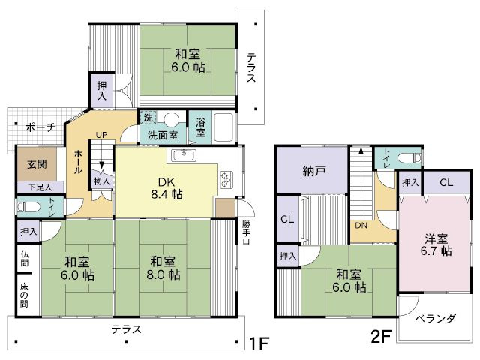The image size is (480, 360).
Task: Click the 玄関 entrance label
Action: (x=37, y=164)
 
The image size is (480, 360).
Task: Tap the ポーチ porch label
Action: (x=40, y=127)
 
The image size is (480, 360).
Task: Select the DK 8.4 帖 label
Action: (x=166, y=188)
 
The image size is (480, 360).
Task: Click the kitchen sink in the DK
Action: (x=184, y=155)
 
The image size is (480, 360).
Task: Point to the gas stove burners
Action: (x=226, y=180)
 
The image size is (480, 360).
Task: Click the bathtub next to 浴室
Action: (x=223, y=127)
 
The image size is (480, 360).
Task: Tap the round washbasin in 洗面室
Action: (x=171, y=119)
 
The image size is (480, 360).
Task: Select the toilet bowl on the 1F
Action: (x=29, y=207)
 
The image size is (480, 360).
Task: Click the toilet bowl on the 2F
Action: (x=409, y=158)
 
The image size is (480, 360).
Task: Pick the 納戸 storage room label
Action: (x=314, y=171)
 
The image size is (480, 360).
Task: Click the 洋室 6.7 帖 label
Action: (x=436, y=244)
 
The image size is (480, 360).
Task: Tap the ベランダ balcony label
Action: (x=435, y=319)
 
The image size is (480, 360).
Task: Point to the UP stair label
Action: (x=101, y=135)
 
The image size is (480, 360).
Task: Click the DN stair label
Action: (x=361, y=226)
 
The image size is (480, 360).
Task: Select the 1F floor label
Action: (x=259, y=343)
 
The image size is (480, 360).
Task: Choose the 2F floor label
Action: (x=381, y=337)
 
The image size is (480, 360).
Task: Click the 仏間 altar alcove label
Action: (x=25, y=258)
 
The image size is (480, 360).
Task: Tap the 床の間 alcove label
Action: (x=25, y=295)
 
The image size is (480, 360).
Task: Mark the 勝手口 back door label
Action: (x=247, y=232)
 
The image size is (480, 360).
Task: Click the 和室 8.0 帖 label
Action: (x=163, y=268)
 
